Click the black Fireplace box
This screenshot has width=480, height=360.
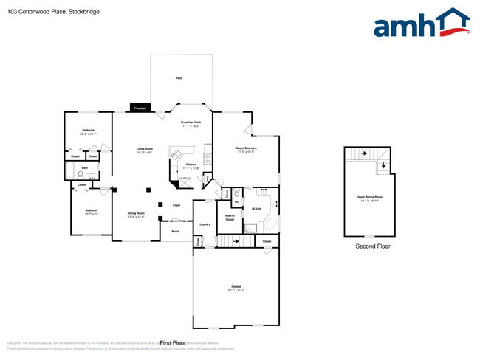click(x=140, y=108)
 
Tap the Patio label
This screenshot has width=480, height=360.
click(x=179, y=77)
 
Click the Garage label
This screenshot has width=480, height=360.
click(x=236, y=287)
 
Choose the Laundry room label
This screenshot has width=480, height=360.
click(x=205, y=224)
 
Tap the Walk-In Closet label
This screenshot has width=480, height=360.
click(x=230, y=218)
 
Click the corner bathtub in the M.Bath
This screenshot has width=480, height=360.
click(x=270, y=223)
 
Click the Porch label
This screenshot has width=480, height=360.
click(x=175, y=232)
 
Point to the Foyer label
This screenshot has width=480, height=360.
click(x=176, y=205)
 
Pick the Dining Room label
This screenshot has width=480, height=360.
click(x=136, y=215)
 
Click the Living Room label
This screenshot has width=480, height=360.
click(x=144, y=150)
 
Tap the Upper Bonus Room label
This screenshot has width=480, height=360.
click(x=370, y=198)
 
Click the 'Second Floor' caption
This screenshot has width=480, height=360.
click(x=373, y=246)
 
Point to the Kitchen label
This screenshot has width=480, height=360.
click(x=191, y=166)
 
